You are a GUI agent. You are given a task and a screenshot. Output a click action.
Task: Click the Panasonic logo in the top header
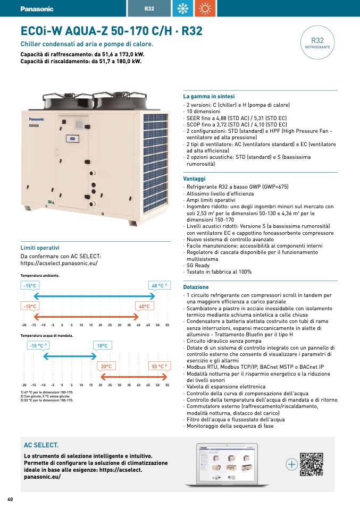click(37, 9)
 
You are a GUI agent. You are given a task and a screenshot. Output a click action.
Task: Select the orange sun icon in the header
click(205, 9)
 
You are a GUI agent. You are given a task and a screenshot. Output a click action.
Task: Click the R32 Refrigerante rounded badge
click(317, 43)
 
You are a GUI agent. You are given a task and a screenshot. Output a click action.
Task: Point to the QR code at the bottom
click(312, 464)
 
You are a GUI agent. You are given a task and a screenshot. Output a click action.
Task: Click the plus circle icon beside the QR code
click(291, 464)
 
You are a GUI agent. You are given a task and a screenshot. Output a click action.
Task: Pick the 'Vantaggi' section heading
click(194, 179)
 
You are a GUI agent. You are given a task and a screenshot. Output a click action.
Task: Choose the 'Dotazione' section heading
click(196, 287)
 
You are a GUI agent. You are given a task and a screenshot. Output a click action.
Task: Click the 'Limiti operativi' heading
click(40, 248)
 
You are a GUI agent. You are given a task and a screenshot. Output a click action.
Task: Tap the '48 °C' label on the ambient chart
click(160, 286)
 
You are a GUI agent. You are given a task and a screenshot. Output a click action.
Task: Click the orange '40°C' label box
click(144, 307)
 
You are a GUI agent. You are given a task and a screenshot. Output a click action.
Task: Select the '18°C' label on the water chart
click(102, 346)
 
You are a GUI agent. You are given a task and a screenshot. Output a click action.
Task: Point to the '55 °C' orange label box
click(160, 366)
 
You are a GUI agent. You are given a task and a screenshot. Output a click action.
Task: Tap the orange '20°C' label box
click(106, 366)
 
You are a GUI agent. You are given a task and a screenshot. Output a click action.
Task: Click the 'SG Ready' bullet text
click(198, 265)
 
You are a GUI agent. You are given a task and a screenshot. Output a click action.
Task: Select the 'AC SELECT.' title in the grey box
click(41, 445)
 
